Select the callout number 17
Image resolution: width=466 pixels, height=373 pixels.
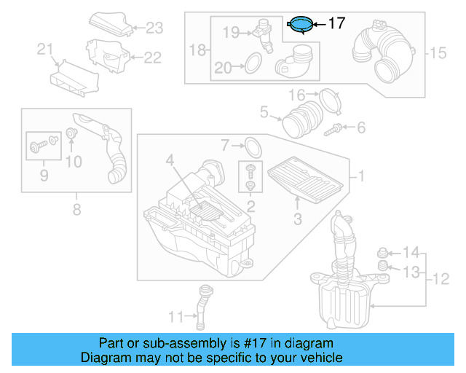336,23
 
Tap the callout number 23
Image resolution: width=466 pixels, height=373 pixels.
154,28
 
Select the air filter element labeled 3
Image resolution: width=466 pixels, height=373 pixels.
304,179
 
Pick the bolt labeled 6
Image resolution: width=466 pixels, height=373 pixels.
336,128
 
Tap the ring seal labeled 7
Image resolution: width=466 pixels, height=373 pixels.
251,146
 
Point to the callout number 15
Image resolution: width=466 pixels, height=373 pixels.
436,52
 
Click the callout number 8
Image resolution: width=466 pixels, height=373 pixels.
76,211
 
